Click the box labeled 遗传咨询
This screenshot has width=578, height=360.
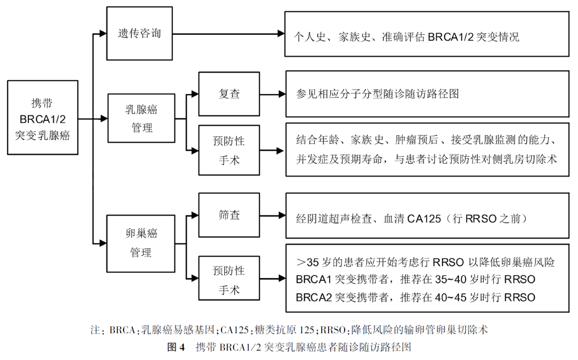(140, 34)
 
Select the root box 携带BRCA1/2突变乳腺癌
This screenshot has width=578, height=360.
(43, 118)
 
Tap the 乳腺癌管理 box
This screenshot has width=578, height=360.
(141, 119)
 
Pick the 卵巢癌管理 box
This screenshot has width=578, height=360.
(141, 242)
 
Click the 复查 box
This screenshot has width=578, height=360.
(230, 94)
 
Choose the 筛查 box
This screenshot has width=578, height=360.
(230, 216)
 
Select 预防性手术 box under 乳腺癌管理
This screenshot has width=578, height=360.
(230, 150)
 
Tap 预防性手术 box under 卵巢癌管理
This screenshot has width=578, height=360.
(230, 280)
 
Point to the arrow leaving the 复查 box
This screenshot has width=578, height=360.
(273, 95)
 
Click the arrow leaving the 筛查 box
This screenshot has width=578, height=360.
(273, 216)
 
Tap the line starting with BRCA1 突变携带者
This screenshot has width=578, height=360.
(415, 280)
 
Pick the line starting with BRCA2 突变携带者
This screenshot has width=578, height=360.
(415, 297)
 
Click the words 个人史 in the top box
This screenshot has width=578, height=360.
(309, 37)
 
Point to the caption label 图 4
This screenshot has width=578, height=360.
(176, 347)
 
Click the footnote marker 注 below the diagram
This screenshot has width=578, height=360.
(95, 330)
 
